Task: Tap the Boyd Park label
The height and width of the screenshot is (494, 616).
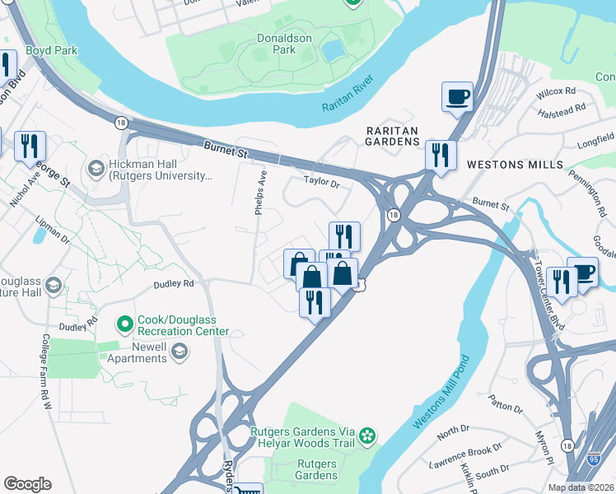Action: point(51,50)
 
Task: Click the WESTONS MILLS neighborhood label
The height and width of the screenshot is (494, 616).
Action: point(503,165)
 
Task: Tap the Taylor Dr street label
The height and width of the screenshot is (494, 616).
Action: point(321,181)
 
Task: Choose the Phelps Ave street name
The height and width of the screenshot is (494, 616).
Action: point(261,193)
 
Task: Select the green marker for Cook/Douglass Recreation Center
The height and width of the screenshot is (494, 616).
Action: point(124,323)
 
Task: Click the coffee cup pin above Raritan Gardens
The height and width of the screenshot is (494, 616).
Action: point(457,96)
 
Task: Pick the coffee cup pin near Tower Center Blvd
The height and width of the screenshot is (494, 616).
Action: point(583,272)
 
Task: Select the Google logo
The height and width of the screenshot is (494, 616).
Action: point(27,484)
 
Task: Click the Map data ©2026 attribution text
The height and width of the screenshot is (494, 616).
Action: point(581,487)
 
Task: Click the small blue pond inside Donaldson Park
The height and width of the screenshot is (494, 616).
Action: point(333,51)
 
